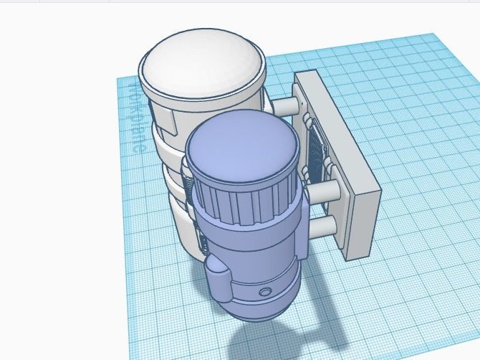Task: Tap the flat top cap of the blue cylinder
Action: click(x=241, y=147)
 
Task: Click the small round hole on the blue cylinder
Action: click(x=266, y=293)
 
